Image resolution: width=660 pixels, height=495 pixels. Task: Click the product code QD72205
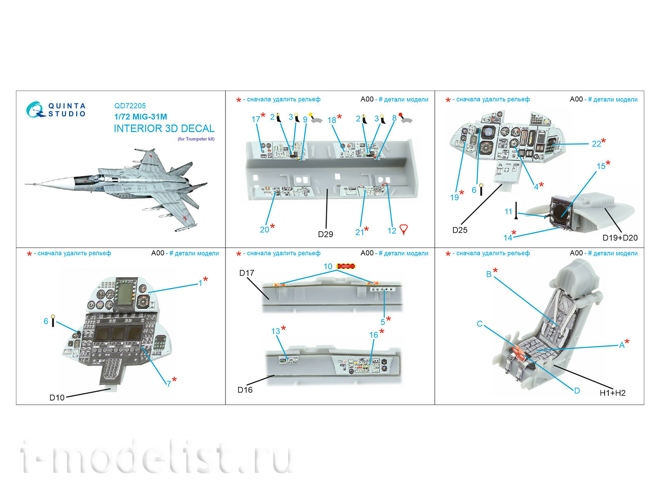click(x=130, y=106)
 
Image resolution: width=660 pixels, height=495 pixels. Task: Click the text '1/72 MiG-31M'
click(x=141, y=117)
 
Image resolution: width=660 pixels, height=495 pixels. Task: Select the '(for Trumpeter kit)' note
click(x=196, y=139)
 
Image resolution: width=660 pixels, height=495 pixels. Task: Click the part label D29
click(x=325, y=234)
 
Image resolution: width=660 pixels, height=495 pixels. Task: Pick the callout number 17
click(x=256, y=119)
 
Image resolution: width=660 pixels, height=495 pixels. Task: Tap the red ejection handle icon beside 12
click(x=403, y=229)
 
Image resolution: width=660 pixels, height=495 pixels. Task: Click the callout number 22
click(x=596, y=144)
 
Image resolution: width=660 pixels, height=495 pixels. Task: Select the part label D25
click(x=460, y=230)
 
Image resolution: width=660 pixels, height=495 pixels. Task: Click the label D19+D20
click(x=620, y=238)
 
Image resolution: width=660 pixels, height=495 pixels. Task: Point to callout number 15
click(x=601, y=166)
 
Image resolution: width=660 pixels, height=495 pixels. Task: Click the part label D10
click(x=57, y=398)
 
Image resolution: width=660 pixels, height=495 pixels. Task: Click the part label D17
click(x=247, y=273)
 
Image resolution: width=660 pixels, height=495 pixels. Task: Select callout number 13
click(x=276, y=331)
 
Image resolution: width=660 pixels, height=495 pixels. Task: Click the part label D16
click(x=245, y=390)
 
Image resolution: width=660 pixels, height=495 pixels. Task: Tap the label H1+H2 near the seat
click(x=612, y=393)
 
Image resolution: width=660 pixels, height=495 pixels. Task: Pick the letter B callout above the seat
click(x=488, y=274)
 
